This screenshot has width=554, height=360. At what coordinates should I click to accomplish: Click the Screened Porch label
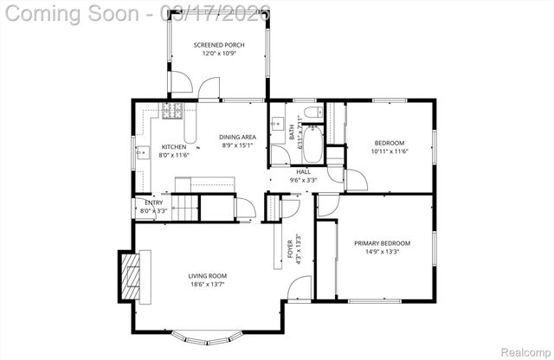click(219, 44)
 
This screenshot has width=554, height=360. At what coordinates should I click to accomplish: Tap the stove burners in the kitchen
click(170, 110)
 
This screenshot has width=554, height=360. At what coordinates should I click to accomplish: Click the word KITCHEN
click(174, 147)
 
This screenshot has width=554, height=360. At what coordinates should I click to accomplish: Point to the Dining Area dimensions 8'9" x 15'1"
click(236, 145)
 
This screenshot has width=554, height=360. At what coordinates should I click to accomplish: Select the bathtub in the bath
click(312, 143)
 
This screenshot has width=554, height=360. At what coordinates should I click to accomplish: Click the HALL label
click(303, 171)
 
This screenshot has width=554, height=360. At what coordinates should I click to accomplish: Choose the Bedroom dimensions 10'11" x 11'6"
click(389, 151)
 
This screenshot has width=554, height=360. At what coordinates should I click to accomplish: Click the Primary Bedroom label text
click(382, 243)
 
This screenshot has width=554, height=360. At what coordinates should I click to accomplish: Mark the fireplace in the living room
click(132, 275)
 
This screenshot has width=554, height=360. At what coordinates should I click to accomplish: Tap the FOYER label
click(291, 249)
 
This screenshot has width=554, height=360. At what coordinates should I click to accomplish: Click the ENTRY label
click(152, 202)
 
